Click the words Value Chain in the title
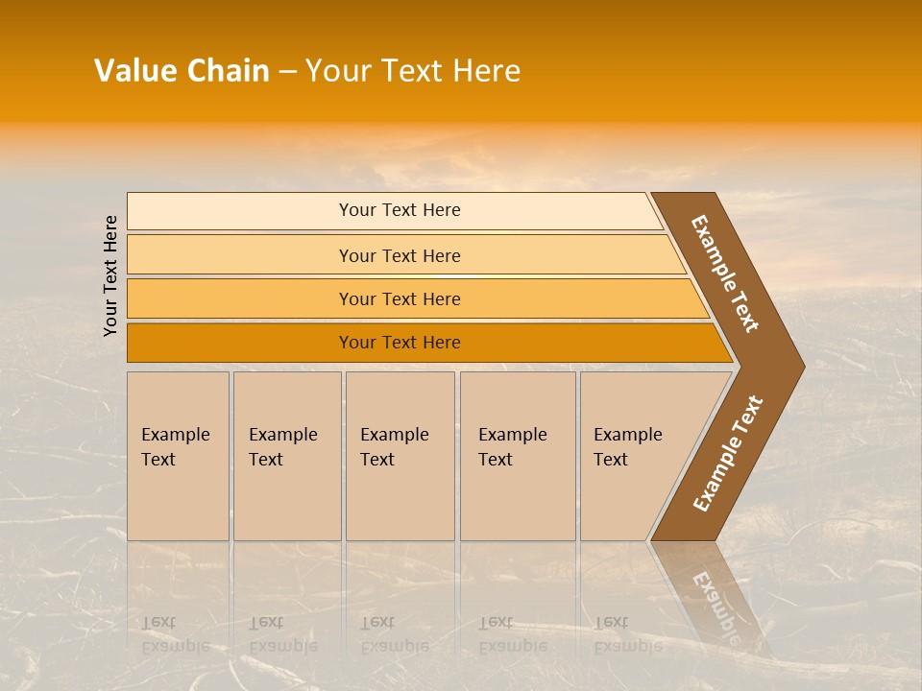pos(182,71)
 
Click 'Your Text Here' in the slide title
pos(413,71)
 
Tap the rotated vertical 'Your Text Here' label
pos(110,275)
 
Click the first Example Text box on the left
pos(178,456)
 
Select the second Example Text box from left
pos(286,456)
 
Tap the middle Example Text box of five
pos(400,456)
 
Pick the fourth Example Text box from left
pos(517,456)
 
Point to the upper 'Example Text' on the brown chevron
pos(725,274)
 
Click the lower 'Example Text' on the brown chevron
pos(728,454)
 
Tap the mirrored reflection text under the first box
pos(174,634)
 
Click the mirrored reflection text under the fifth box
pos(627,634)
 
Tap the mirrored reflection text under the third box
pos(394,634)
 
